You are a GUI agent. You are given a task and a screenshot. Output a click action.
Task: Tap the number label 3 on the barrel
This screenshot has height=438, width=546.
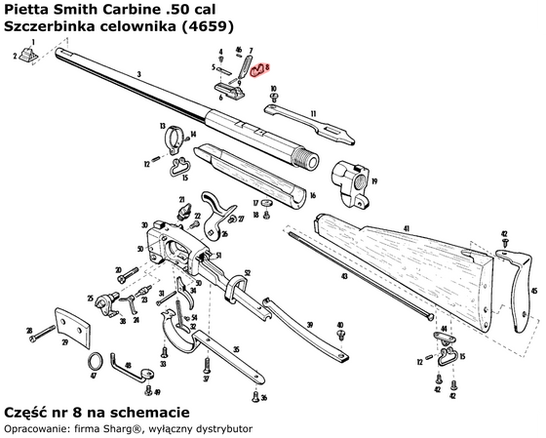(139, 74)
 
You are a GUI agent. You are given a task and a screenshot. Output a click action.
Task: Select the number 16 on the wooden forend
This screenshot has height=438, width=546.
(312, 195)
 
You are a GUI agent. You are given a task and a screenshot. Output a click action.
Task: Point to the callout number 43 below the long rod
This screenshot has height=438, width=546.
(339, 277)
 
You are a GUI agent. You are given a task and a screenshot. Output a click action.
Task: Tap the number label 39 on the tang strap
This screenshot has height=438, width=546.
(309, 324)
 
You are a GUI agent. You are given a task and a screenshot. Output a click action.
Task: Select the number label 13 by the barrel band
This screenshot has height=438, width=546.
(163, 128)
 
